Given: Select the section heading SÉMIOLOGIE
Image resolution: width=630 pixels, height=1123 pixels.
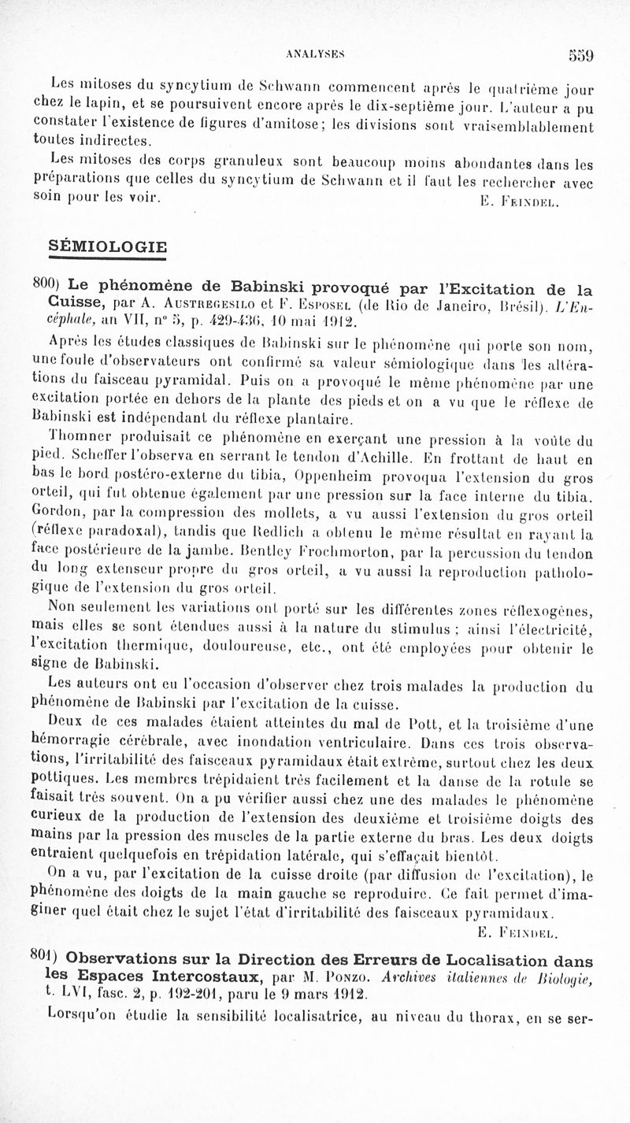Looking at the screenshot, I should pos(108,246).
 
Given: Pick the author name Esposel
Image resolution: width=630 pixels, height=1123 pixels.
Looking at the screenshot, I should pos(318,303).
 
